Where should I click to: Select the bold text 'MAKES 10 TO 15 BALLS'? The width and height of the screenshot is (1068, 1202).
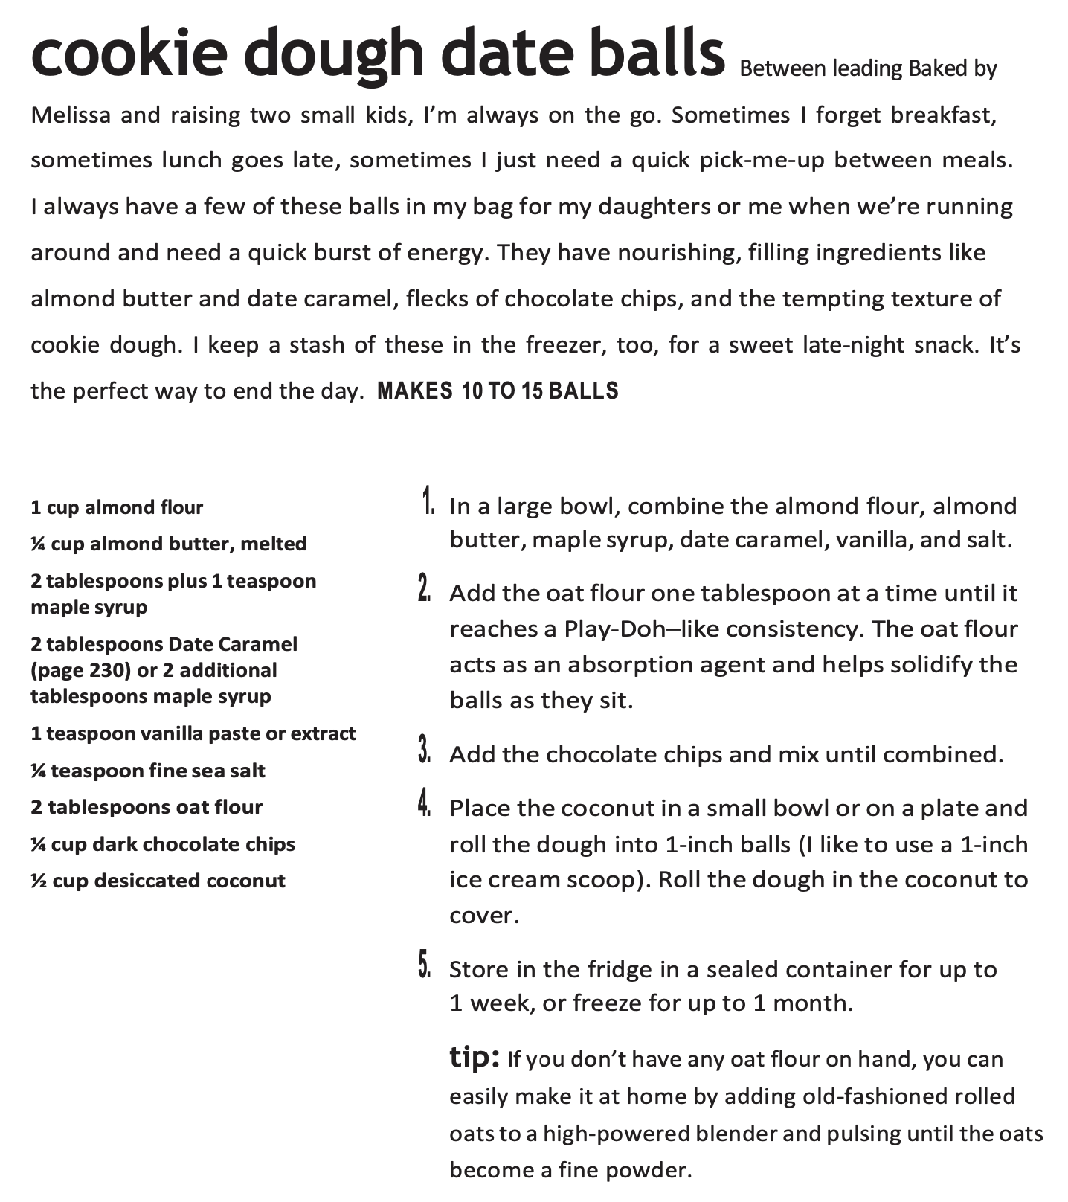pyautogui.click(x=498, y=391)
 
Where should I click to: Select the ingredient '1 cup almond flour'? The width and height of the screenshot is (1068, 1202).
pyautogui.click(x=117, y=507)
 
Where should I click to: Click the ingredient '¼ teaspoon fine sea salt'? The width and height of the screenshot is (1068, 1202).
pyautogui.click(x=147, y=770)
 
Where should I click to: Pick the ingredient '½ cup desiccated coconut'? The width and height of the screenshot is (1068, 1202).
pyautogui.click(x=158, y=881)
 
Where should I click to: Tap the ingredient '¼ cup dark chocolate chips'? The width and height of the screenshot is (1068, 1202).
pyautogui.click(x=163, y=844)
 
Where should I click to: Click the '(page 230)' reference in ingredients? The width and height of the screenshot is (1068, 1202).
pyautogui.click(x=80, y=670)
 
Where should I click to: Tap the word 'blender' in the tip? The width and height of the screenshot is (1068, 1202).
pyautogui.click(x=742, y=1133)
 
